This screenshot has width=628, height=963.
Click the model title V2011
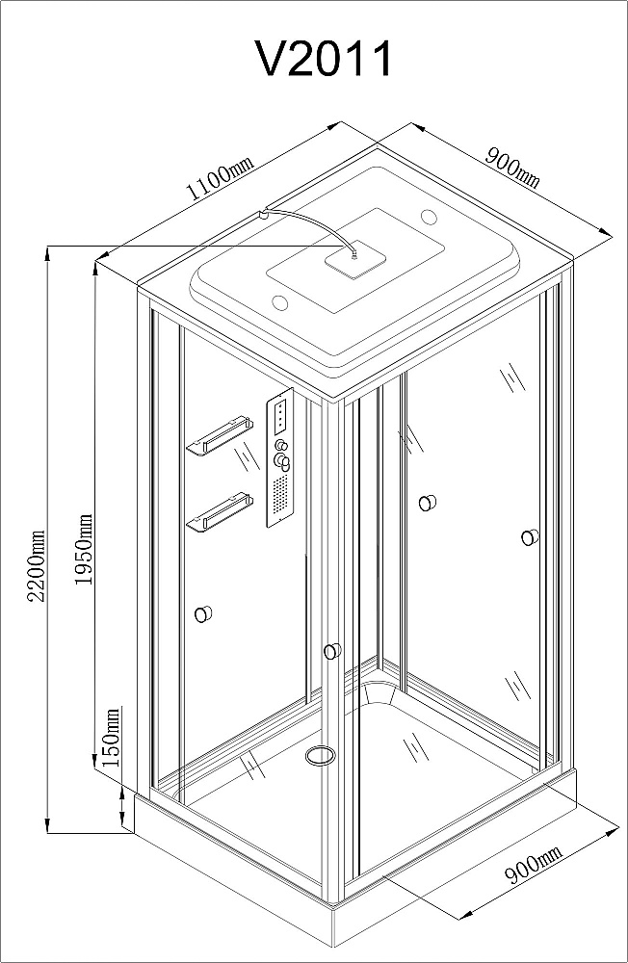[324, 59]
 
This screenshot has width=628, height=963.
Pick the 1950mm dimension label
[83, 550]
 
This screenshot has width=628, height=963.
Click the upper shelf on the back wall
[219, 435]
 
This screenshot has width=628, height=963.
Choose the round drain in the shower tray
[321, 755]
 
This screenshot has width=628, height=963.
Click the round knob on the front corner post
[332, 651]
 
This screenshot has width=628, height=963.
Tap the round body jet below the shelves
[203, 613]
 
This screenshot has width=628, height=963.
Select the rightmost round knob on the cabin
[530, 537]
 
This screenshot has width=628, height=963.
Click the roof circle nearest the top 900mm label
[429, 217]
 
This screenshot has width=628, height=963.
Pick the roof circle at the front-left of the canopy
[280, 302]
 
